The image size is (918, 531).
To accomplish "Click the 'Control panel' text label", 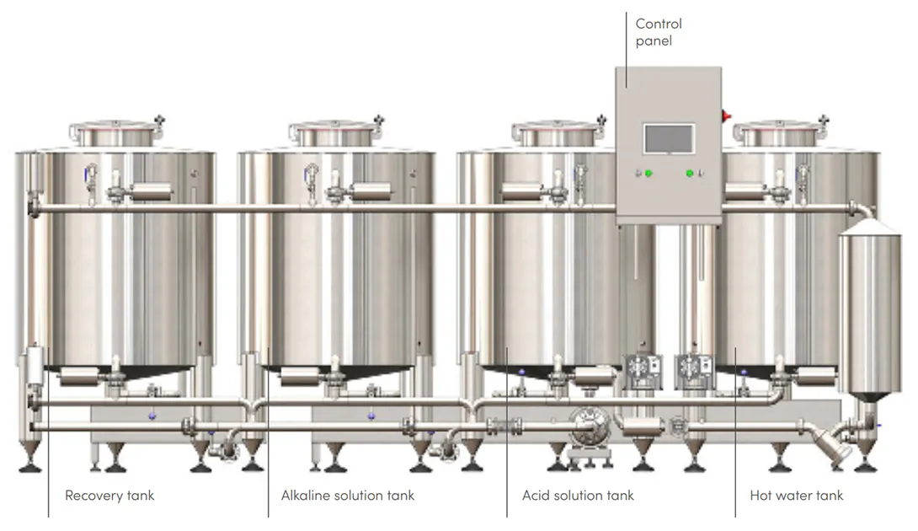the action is [659, 32].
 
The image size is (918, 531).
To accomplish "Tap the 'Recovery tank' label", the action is [109, 496].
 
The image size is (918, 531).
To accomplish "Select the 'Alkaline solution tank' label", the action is [348, 496].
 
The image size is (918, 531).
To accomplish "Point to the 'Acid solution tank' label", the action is [578, 496].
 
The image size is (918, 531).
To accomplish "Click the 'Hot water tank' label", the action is [796, 496].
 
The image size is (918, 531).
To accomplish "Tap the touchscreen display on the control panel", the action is [669, 139].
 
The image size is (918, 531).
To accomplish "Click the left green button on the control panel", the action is [648, 174].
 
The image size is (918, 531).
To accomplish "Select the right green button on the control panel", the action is [690, 174].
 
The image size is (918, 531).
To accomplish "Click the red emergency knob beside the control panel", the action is [726, 116].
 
